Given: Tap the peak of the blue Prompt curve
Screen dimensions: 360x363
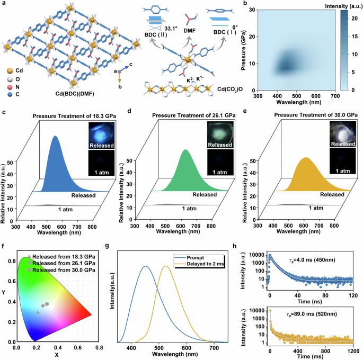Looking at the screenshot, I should [x=145, y=266].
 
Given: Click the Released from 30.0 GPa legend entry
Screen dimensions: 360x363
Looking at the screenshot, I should [x=64, y=270].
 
